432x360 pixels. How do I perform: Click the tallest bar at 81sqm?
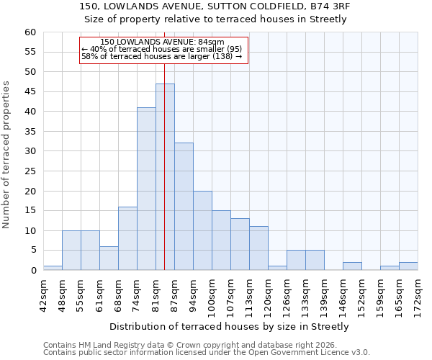165,177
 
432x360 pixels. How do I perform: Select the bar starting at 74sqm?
146,189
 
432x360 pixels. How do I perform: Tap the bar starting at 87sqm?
184,207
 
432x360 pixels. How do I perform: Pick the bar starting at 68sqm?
127,238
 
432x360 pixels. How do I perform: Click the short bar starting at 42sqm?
53,268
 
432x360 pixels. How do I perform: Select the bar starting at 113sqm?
258,248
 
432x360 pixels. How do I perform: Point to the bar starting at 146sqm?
352,266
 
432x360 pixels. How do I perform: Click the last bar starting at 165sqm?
408,266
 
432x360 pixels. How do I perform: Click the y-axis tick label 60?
30,32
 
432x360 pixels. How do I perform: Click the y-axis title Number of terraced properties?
6,155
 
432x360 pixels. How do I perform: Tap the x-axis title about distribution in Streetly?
229,326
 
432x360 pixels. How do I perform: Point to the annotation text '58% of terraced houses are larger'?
161,56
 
